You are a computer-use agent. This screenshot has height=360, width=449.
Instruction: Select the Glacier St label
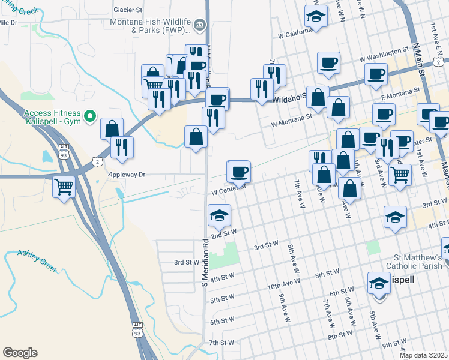point(128,10)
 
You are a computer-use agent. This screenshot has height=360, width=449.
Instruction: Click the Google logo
point(20,353)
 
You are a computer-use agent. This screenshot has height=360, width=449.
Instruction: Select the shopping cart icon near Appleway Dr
point(64,186)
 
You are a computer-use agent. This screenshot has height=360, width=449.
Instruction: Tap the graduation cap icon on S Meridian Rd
point(219,215)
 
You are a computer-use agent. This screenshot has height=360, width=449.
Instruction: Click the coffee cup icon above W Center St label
point(239,172)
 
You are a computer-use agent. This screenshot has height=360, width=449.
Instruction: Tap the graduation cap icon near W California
point(316,16)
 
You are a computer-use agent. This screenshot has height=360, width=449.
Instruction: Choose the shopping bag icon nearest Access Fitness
point(112,128)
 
